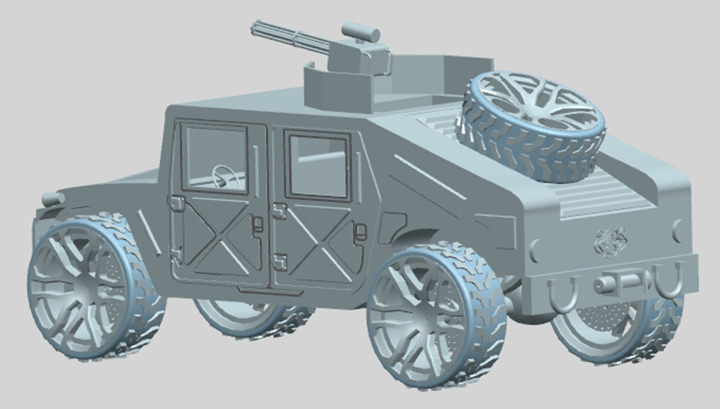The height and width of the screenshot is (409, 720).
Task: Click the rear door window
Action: (x=318, y=167)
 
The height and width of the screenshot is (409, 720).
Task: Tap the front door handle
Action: (x=258, y=224)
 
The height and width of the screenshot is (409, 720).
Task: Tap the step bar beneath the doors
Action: (x=261, y=290)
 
